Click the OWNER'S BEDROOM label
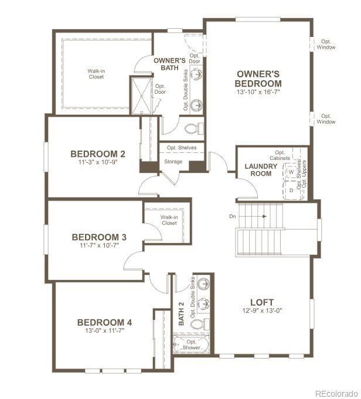pyautogui.click(x=258, y=79)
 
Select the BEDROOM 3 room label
pyautogui.click(x=99, y=237)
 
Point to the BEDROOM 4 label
pyautogui.click(x=105, y=322)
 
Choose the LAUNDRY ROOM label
pyautogui.click(x=261, y=170)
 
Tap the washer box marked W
pyautogui.click(x=291, y=173)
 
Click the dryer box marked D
pyautogui.click(x=291, y=190)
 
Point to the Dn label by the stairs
pyautogui.click(x=233, y=216)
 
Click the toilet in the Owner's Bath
pyautogui.click(x=192, y=127)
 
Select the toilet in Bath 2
pyautogui.click(x=198, y=324)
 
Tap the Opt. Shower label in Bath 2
pyautogui.click(x=191, y=345)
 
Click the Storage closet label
pyautogui.click(x=173, y=161)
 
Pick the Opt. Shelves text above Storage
pyautogui.click(x=182, y=148)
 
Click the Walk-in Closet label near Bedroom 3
pyautogui.click(x=169, y=220)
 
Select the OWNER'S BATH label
pyautogui.click(x=170, y=64)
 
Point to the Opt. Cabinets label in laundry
pyautogui.click(x=280, y=155)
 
